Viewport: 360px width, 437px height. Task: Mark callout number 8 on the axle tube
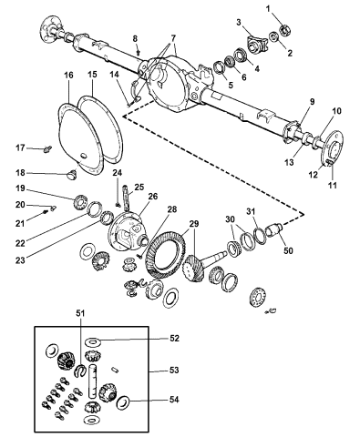point(135,39)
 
